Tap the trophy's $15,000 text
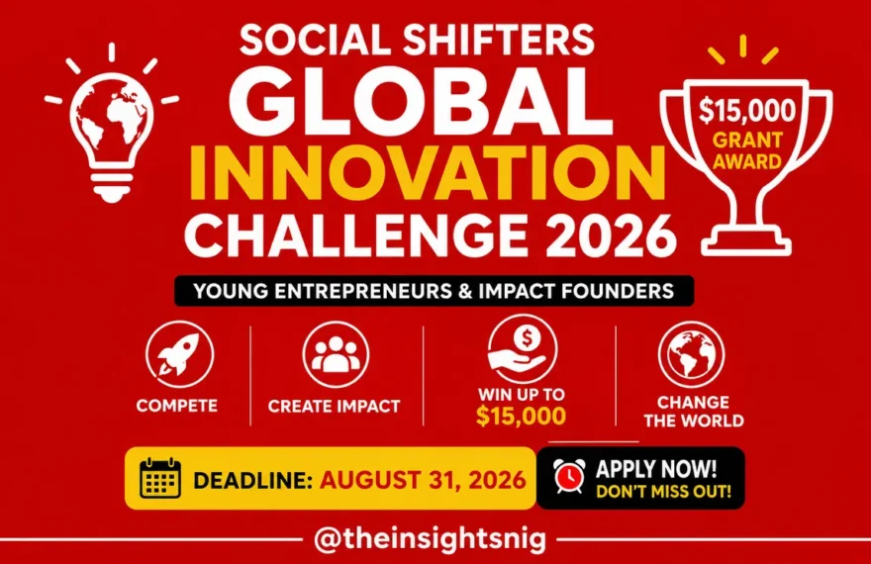[747, 110]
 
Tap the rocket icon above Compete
[179, 354]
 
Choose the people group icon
[336, 354]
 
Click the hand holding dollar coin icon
[523, 349]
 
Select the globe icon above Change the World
[692, 354]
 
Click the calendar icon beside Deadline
[160, 478]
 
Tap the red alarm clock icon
[569, 476]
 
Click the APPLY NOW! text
[656, 469]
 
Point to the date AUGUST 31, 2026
[423, 480]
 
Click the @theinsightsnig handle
[431, 538]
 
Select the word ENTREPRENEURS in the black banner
[364, 291]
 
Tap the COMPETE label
[176, 406]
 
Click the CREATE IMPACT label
[334, 407]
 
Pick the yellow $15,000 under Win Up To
[521, 416]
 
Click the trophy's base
[746, 242]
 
